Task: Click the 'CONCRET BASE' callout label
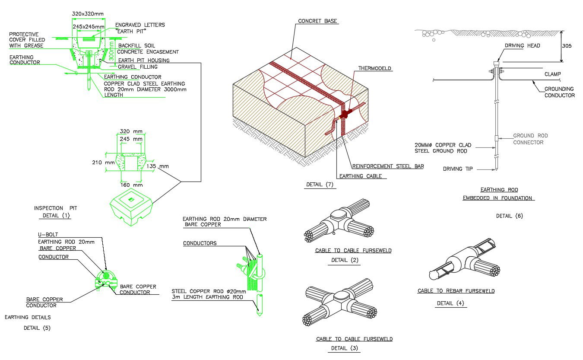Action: pos(317,21)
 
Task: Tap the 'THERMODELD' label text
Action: pos(375,68)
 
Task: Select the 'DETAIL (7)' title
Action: pos(320,185)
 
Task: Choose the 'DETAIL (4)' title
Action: pos(450,303)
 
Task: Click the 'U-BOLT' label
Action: pos(48,235)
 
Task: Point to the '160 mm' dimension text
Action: pos(131,185)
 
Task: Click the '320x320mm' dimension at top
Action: pos(88,14)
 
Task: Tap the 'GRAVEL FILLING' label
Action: pos(138,67)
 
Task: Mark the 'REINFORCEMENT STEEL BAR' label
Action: pos(387,166)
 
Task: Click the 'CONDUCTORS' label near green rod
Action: pos(200,243)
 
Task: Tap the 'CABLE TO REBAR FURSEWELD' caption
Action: pos(456,291)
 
